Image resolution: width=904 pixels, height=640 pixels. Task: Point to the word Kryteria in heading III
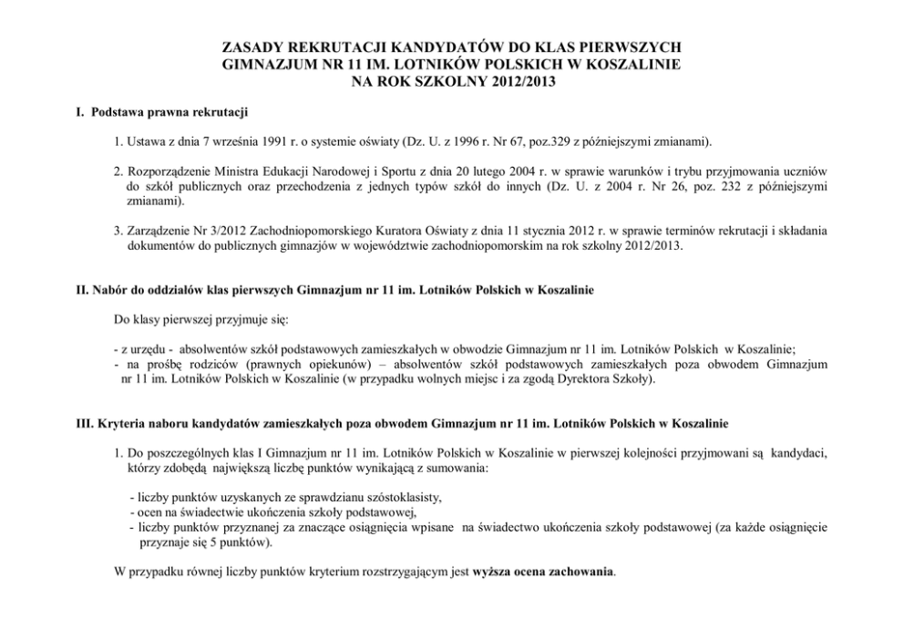pos(121,424)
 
